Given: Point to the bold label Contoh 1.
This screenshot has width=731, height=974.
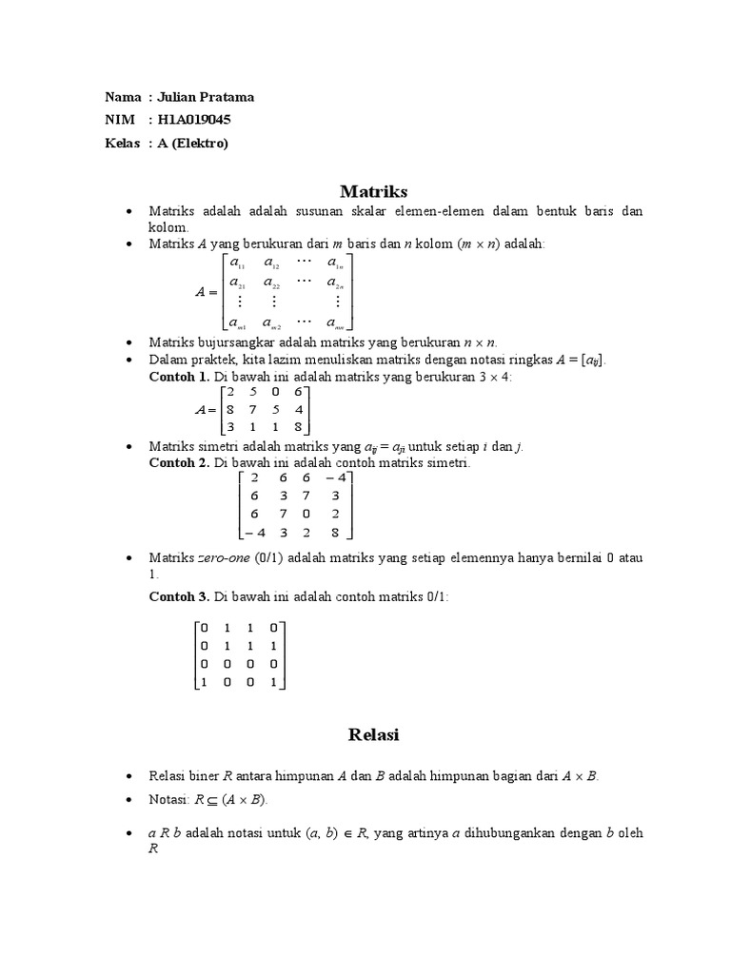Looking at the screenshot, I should coord(179,377).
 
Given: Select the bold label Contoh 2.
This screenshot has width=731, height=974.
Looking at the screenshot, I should coord(179,462).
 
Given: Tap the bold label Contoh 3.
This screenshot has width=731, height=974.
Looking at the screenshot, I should coord(179,596).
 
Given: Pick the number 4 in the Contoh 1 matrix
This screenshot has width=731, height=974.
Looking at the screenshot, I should coord(298,409).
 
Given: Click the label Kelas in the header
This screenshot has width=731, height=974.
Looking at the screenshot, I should coord(123,143).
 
